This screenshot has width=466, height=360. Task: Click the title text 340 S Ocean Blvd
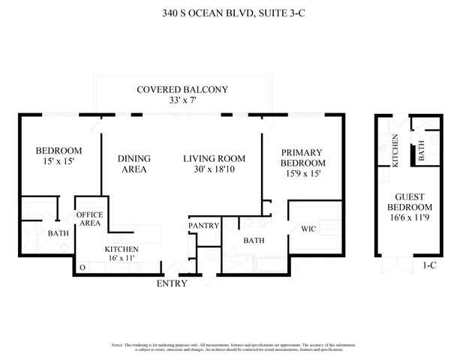tap(233, 13)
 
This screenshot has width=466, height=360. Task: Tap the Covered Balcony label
tap(182, 90)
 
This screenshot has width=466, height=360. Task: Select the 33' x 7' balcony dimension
tap(182, 101)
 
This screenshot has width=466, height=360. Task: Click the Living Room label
tap(215, 158)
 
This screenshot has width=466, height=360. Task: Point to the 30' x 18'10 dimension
tap(215, 169)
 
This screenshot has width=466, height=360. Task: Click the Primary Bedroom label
tap(302, 157)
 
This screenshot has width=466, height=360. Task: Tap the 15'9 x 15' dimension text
tap(302, 174)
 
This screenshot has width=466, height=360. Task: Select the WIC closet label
tap(309, 229)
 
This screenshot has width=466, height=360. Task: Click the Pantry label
tap(203, 225)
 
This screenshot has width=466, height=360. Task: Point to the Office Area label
tap(90, 218)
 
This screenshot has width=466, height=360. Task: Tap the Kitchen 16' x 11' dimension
tap(121, 257)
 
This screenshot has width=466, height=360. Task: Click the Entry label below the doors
tap(172, 283)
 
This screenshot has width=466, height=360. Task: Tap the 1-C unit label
tap(429, 265)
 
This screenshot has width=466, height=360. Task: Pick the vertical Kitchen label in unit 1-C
tap(395, 151)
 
